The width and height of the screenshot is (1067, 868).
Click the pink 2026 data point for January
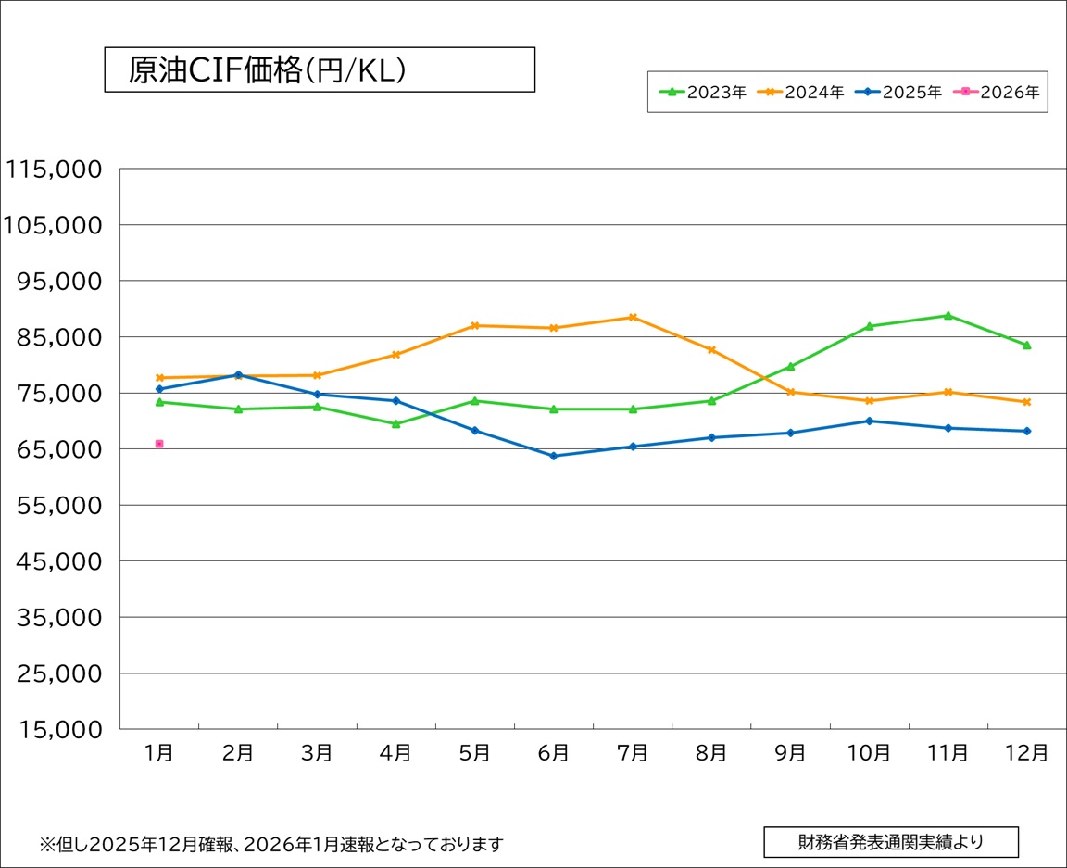[x=159, y=444]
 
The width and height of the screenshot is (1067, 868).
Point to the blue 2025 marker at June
[x=554, y=456]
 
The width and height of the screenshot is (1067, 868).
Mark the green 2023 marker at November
[x=948, y=316]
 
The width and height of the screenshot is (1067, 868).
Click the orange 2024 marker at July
[x=633, y=317]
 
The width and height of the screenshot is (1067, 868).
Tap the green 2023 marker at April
[x=395, y=424]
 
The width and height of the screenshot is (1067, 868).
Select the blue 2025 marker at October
[x=869, y=421]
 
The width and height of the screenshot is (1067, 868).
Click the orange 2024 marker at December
[x=1026, y=402]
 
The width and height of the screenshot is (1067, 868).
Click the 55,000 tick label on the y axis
[x=57, y=506]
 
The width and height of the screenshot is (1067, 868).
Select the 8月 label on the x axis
[x=711, y=753]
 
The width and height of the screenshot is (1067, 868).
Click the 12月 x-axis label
[x=1026, y=753]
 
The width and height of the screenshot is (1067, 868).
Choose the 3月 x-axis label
[x=317, y=753]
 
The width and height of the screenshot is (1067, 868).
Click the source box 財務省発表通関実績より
[x=890, y=842]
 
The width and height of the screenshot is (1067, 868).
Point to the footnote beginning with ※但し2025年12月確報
[x=270, y=844]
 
